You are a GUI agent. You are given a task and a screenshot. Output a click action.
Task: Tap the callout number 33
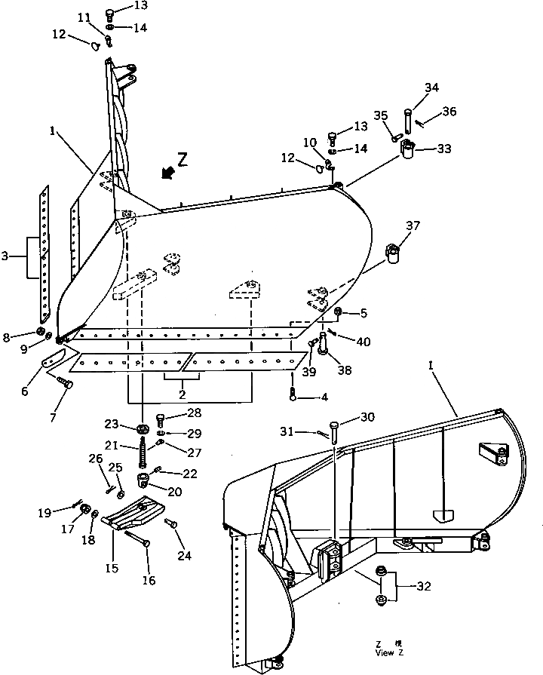(443, 149)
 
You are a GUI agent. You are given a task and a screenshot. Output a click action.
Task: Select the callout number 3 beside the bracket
(6, 257)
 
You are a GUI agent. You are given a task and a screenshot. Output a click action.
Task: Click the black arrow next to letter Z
(167, 173)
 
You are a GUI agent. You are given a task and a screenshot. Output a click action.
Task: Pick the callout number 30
(367, 418)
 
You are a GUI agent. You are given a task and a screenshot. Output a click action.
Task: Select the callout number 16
(149, 580)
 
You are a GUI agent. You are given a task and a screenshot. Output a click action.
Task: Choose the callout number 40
(364, 341)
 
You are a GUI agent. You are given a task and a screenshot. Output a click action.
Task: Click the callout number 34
(431, 87)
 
